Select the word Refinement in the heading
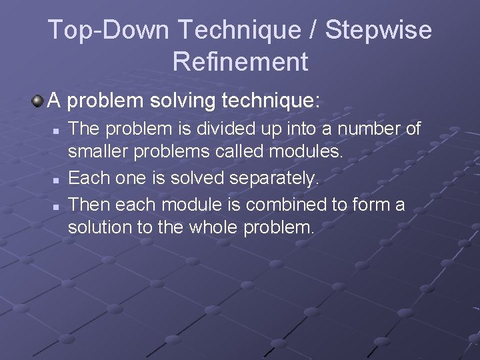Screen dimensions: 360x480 pyautogui.click(x=240, y=62)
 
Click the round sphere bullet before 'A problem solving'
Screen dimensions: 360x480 pyautogui.click(x=37, y=101)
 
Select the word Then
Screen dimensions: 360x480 pyautogui.click(x=85, y=203)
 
